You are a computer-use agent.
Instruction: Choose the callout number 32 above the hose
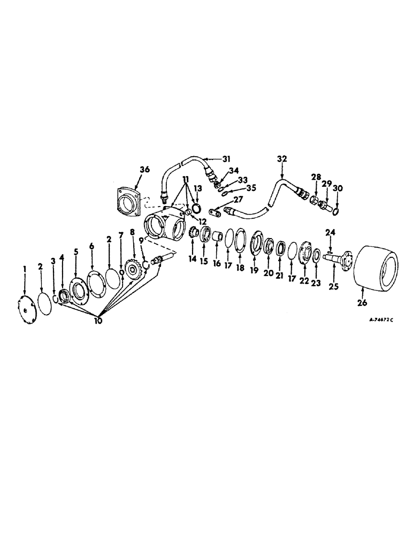(x=282, y=158)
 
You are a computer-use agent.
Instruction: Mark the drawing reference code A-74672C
(x=381, y=320)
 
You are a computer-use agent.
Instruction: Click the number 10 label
(x=100, y=321)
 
